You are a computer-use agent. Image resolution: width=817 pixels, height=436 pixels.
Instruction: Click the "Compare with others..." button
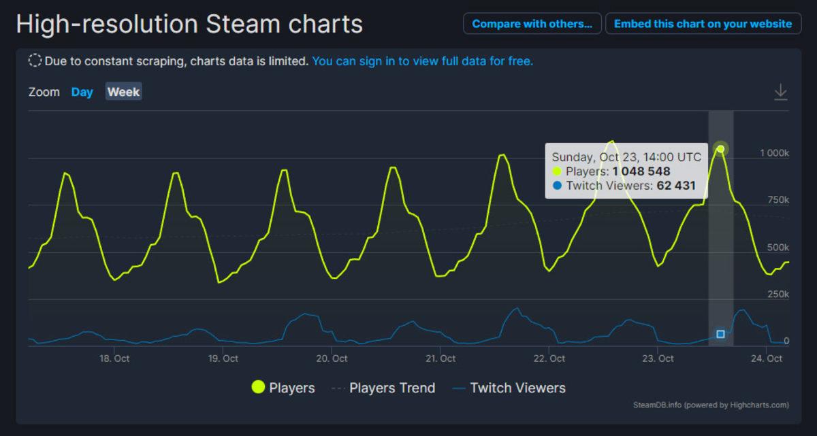[532, 24]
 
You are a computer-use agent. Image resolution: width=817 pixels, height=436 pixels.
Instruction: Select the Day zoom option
[82, 92]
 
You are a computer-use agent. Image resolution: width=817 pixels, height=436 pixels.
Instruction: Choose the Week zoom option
[123, 92]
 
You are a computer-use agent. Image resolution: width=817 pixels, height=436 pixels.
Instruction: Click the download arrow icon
[780, 92]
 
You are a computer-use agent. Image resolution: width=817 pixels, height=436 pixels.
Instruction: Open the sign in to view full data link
[422, 61]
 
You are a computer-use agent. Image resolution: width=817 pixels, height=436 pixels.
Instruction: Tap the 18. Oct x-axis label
[114, 358]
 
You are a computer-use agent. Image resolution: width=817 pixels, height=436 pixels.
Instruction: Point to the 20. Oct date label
[332, 358]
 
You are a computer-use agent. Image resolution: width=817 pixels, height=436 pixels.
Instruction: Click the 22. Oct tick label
[549, 358]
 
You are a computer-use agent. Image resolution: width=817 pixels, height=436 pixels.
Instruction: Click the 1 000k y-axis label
[774, 153]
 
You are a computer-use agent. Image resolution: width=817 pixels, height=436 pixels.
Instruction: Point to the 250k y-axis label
[777, 295]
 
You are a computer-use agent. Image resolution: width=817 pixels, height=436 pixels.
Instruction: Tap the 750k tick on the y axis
[777, 200]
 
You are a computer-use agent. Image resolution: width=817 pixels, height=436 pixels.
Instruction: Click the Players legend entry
[283, 388]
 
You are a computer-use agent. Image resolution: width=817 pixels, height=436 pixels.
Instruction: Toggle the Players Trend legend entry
[383, 388]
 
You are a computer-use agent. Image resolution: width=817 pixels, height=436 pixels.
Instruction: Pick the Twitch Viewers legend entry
[509, 388]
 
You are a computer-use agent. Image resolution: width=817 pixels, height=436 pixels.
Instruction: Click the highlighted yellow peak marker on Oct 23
[721, 149]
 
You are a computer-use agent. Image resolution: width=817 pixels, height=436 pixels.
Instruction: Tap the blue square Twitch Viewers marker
[721, 334]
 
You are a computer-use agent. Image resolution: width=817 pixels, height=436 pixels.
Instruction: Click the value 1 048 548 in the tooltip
[641, 171]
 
